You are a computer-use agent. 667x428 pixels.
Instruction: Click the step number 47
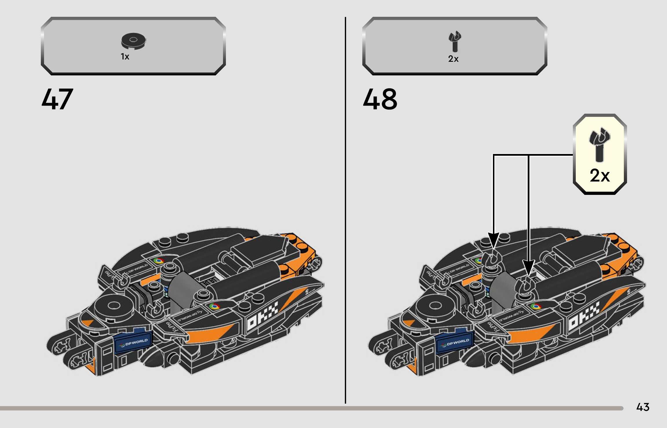(x=57, y=99)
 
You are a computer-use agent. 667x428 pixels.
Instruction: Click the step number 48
(x=380, y=99)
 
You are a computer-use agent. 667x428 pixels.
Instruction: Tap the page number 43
(x=643, y=407)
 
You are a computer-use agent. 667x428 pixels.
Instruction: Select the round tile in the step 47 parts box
(x=133, y=41)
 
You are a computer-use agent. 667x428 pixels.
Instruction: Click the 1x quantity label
(x=125, y=57)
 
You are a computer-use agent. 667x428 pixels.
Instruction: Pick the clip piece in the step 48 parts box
(x=454, y=41)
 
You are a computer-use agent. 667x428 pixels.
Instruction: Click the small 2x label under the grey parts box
(x=453, y=59)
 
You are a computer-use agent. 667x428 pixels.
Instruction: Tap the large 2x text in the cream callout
(x=600, y=175)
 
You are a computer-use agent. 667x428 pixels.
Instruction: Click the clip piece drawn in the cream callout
(x=600, y=144)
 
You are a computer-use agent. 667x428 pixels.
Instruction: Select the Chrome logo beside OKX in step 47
(x=214, y=306)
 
